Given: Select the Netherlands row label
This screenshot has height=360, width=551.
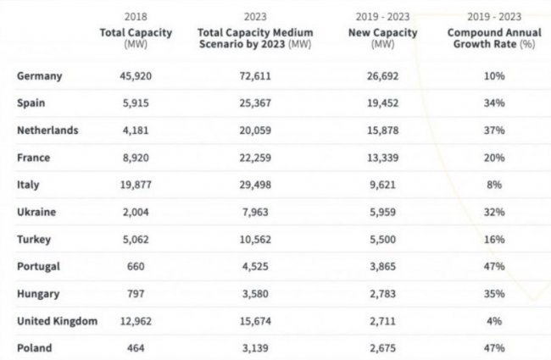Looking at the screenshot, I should [47, 130].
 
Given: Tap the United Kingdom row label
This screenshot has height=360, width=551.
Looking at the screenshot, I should [57, 321].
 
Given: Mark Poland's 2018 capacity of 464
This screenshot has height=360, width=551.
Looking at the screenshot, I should [135, 348].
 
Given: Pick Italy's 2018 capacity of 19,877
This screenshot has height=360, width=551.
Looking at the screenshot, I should [135, 186].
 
